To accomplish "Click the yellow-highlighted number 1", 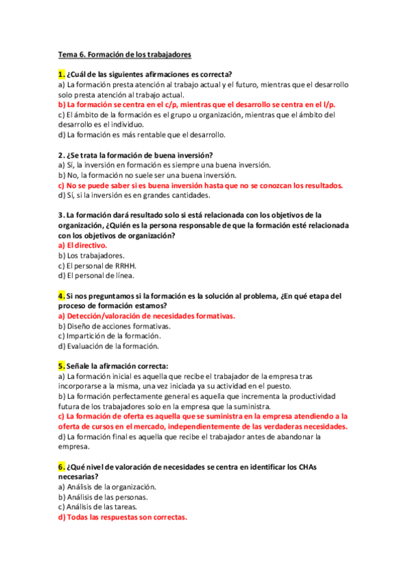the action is pyautogui.click(x=61, y=74).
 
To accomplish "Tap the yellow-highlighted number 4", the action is pyautogui.click(x=61, y=296).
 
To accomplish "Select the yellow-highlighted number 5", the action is pyautogui.click(x=61, y=365).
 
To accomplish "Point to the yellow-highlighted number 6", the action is pyautogui.click(x=61, y=467).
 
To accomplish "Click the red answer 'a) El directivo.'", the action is pyautogui.click(x=82, y=245).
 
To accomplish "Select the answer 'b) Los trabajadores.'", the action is pyautogui.click(x=91, y=256).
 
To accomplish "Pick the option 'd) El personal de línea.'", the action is pyautogui.click(x=96, y=276).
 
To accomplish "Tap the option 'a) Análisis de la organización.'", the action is pyautogui.click(x=108, y=487).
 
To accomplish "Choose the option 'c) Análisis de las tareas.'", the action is pyautogui.click(x=99, y=507).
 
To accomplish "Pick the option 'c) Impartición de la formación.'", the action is pyautogui.click(x=110, y=336).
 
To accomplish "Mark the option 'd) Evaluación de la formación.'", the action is pyautogui.click(x=110, y=346).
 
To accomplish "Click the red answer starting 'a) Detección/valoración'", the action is pyautogui.click(x=146, y=316).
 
